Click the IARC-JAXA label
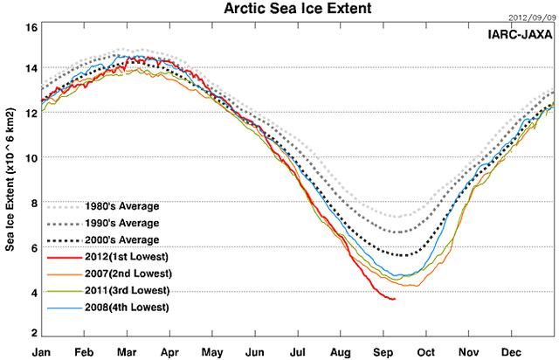(521, 34)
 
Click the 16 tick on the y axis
(31, 28)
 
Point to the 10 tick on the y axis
(31, 158)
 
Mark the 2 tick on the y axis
(33, 333)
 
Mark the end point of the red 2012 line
(396, 299)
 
